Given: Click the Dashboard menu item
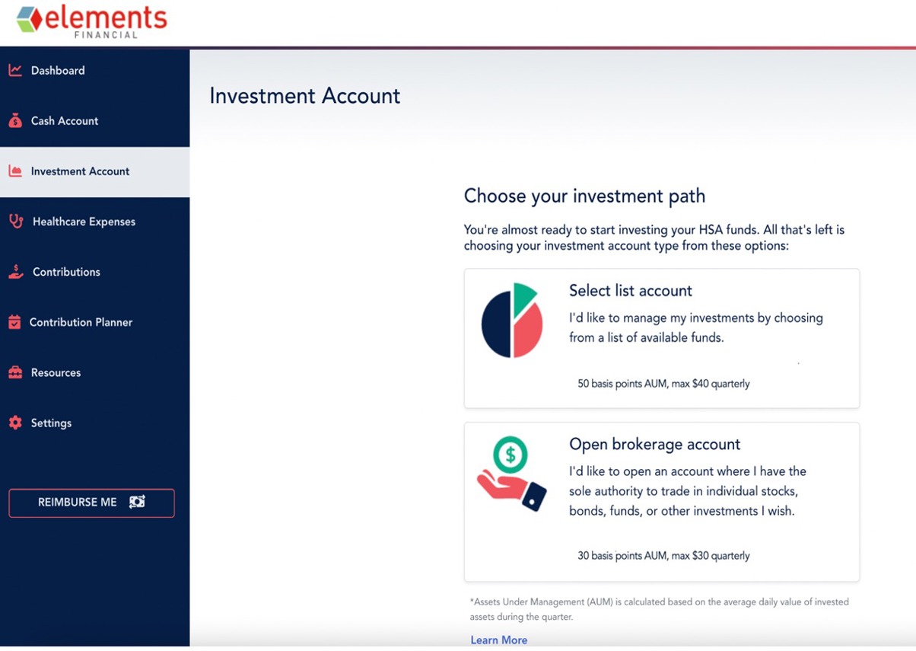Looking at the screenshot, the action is [58, 70].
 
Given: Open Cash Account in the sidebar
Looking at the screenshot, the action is [65, 121].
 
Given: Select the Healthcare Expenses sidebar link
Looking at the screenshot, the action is [84, 222].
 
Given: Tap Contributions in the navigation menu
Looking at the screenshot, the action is [66, 272].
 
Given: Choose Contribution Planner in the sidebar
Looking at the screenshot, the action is [81, 322].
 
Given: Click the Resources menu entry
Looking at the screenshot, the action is [56, 372].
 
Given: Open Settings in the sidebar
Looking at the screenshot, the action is [51, 423].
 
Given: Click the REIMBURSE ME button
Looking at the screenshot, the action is [91, 503].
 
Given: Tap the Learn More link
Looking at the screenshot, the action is [499, 640].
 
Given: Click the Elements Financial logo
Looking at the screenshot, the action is [91, 21].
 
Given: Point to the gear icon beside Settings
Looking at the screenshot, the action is [15, 423].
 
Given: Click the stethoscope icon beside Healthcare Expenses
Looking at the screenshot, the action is [17, 222].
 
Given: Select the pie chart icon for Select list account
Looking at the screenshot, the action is [512, 320].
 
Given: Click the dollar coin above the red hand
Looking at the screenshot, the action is [510, 455].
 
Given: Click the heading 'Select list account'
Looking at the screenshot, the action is [631, 291].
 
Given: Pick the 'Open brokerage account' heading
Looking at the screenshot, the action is [655, 445].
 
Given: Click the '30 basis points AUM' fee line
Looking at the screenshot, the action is [663, 556].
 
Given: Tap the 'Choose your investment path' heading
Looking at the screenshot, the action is [584, 196].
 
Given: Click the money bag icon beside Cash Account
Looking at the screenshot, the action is [15, 121].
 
